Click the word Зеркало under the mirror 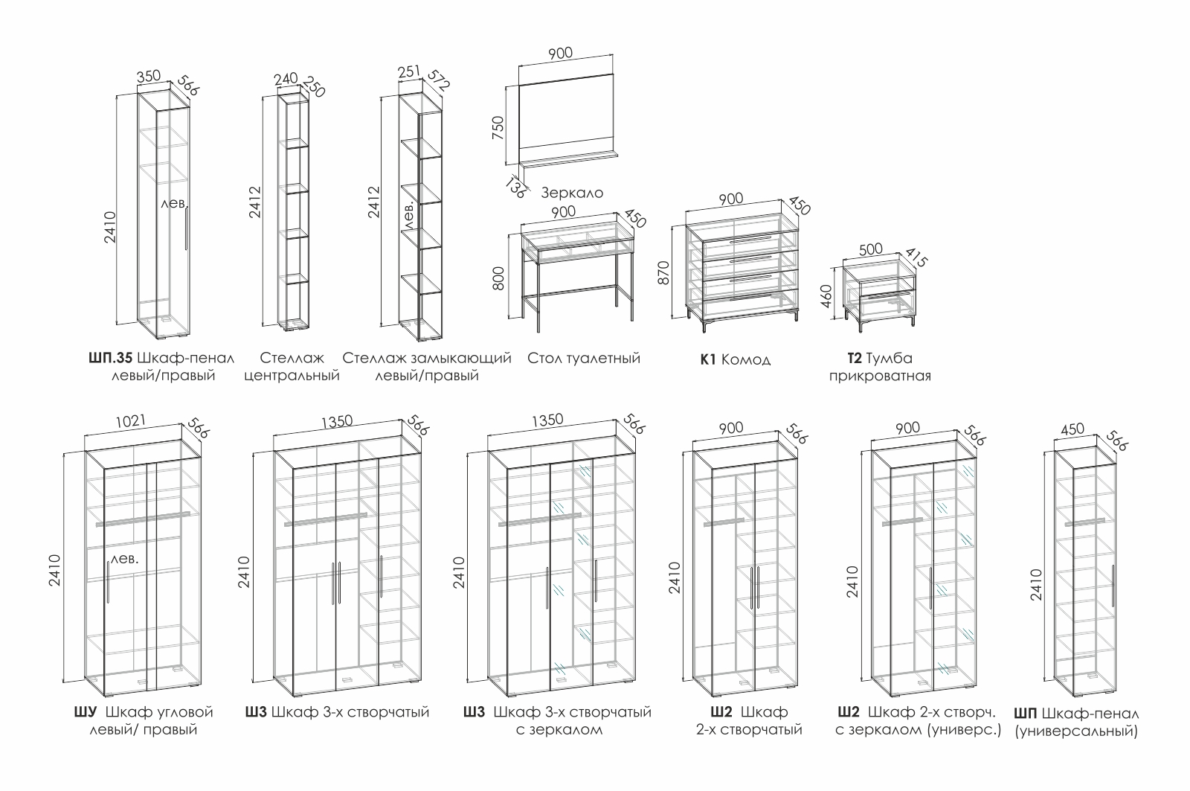[x=572, y=193]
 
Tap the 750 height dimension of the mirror [x=499, y=127]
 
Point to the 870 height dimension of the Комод [x=666, y=272]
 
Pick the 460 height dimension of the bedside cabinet [x=825, y=296]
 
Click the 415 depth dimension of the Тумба [x=919, y=259]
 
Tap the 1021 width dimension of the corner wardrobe [x=131, y=421]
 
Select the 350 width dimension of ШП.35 [x=149, y=76]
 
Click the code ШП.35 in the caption [x=112, y=359]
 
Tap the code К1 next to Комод [x=708, y=360]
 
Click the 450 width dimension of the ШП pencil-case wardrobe [x=1072, y=429]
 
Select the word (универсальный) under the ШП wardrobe [x=1076, y=731]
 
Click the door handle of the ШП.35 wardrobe [x=186, y=228]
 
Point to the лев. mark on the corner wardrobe [x=125, y=558]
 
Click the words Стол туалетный [x=584, y=359]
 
